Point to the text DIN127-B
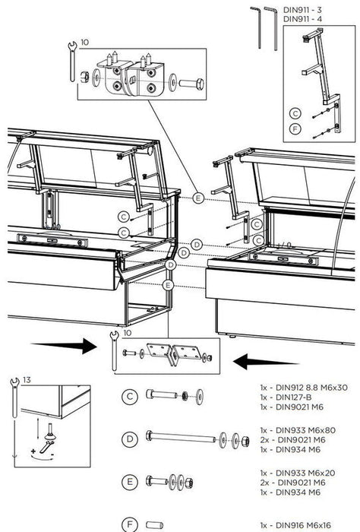pos(287,397)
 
